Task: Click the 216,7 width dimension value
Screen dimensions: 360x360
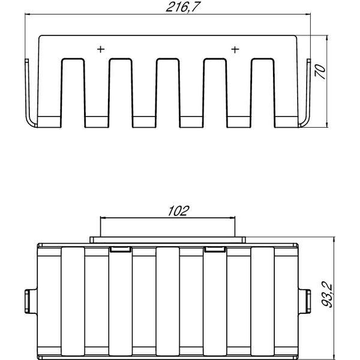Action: [183, 7]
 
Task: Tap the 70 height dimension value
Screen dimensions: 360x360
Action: [320, 71]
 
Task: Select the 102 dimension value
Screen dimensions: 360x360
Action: [178, 211]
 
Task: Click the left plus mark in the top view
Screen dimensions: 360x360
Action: [101, 49]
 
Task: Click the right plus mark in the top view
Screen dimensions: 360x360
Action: [235, 50]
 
